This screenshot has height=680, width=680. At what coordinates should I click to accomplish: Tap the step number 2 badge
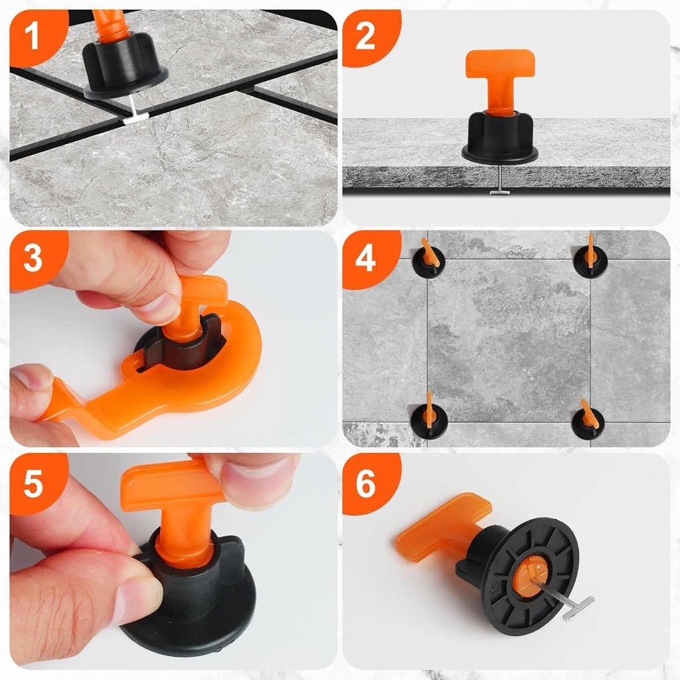coord(365,36)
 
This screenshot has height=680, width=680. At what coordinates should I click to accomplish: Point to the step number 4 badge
coord(365,258)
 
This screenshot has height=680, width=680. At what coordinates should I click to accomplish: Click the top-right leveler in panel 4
coord(590,260)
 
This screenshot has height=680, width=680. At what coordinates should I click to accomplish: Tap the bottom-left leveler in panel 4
coord(428,417)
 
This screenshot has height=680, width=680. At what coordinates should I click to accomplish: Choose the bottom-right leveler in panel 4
coord(588,422)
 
